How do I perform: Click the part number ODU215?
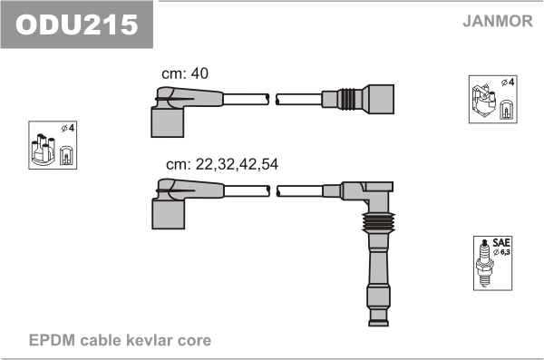[x=77, y=24]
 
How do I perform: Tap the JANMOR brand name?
[x=498, y=21]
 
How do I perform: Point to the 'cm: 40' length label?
[x=185, y=73]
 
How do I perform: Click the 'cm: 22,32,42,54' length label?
[x=222, y=164]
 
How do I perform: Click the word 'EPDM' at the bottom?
[x=52, y=340]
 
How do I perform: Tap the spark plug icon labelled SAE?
[x=485, y=263]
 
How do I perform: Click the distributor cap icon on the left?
[x=43, y=149]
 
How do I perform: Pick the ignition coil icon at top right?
[x=483, y=100]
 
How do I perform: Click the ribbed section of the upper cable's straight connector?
[x=346, y=99]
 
